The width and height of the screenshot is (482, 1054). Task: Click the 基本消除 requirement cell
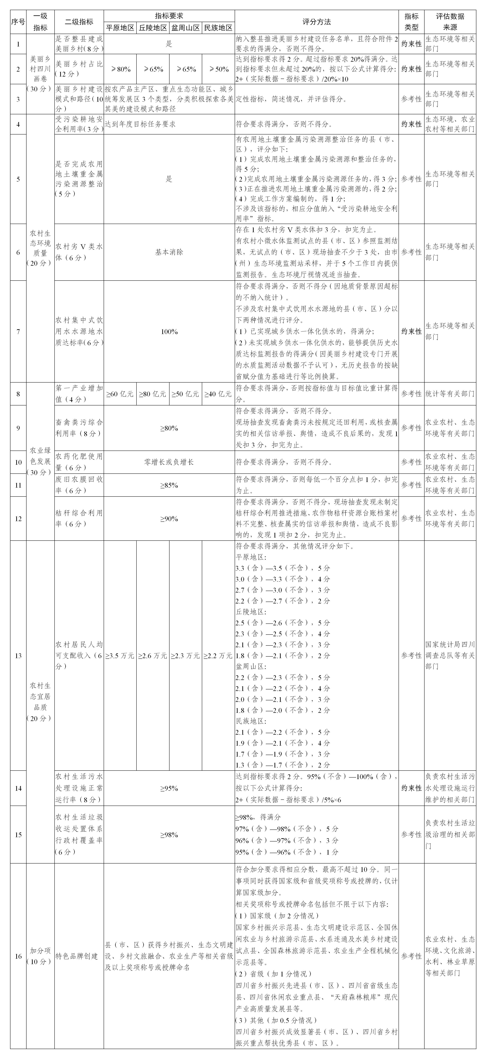click(x=169, y=252)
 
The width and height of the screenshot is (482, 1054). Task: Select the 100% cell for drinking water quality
click(x=169, y=331)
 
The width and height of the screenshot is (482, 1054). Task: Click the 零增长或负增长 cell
click(x=169, y=462)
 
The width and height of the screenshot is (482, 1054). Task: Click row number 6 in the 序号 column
click(x=18, y=252)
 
